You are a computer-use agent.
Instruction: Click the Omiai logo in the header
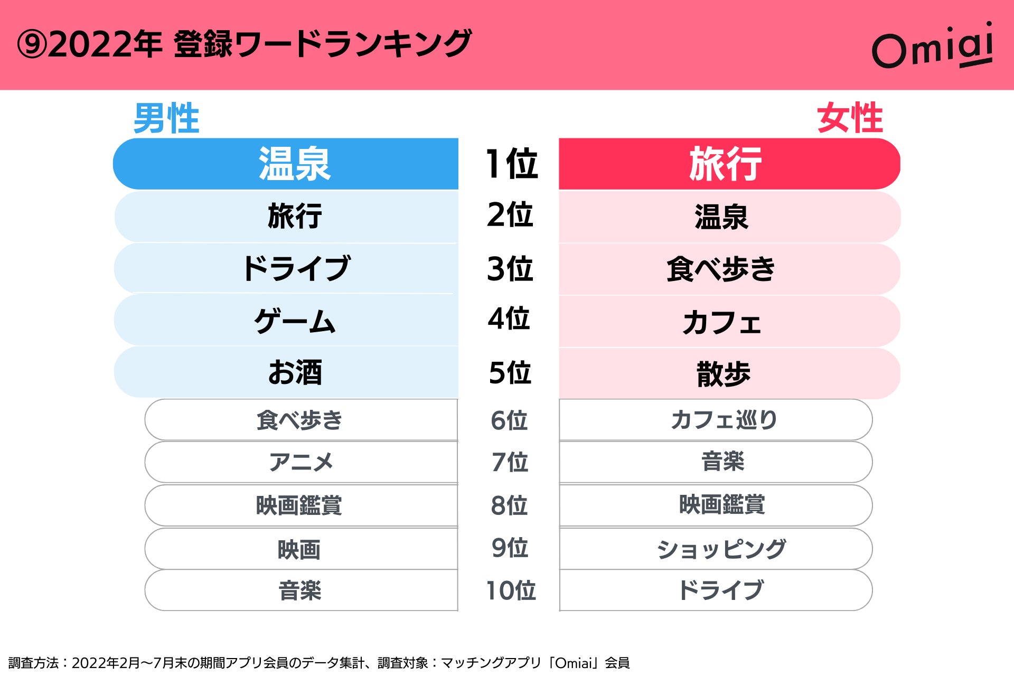click(933, 46)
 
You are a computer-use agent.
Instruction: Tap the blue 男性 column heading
click(166, 118)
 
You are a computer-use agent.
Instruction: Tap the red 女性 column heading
click(850, 118)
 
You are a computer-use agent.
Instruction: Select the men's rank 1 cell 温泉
click(294, 164)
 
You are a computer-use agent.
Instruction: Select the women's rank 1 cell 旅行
click(725, 164)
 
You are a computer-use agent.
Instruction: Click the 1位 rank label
click(511, 164)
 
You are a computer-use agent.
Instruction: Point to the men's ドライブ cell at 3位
click(296, 268)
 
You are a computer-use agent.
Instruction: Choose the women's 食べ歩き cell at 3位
click(720, 269)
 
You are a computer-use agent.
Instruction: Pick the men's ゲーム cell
click(295, 321)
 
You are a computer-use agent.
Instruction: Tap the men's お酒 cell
click(295, 372)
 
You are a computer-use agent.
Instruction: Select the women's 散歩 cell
click(723, 374)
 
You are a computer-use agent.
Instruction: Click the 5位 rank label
click(510, 372)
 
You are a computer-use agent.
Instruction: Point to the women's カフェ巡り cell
click(723, 420)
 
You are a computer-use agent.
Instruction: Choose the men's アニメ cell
click(301, 462)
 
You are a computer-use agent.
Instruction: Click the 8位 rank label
click(509, 505)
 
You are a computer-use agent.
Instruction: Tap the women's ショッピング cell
click(721, 549)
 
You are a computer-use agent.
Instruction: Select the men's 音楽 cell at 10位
click(300, 590)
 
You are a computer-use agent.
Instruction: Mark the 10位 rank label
click(511, 590)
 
